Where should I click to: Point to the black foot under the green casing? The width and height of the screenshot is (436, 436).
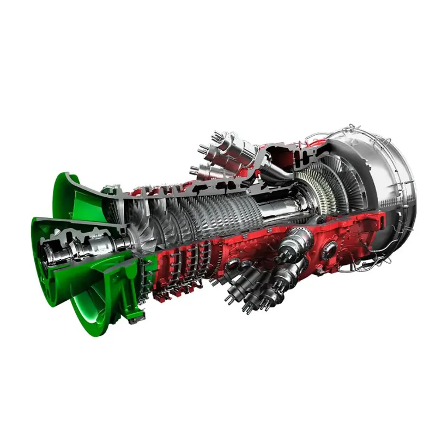coord(132,322)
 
